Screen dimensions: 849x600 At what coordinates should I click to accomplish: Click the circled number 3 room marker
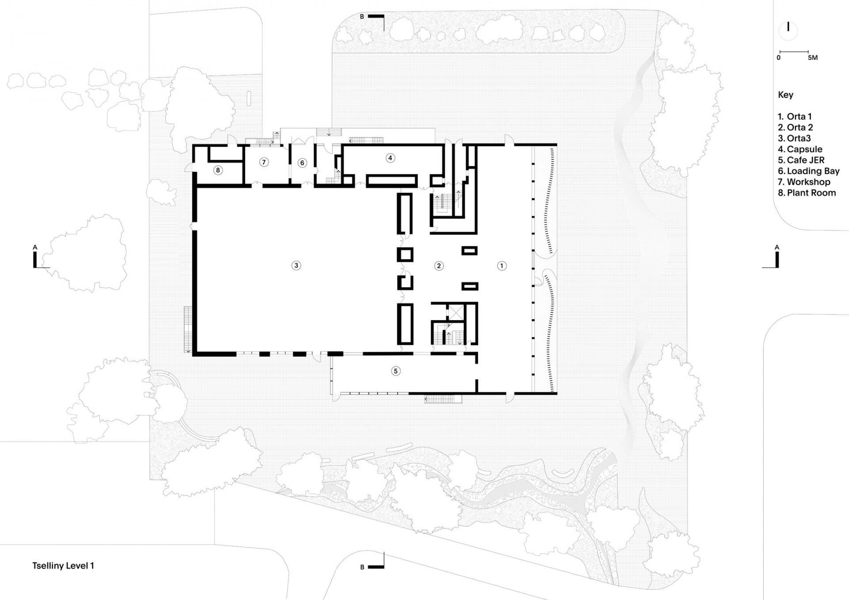pos(296,265)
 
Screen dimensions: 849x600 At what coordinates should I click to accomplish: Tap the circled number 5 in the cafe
pos(396,371)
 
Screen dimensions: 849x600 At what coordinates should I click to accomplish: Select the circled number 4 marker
pos(390,158)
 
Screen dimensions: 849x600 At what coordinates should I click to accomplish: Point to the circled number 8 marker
pos(218,170)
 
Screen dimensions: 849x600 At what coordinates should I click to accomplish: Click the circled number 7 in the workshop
pos(264,162)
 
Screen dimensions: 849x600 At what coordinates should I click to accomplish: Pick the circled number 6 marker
pos(302,163)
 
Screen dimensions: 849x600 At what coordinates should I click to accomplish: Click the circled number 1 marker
pos(501,266)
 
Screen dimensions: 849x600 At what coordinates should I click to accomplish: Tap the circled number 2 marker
pos(439,266)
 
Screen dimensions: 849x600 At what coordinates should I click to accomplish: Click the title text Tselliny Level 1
pos(63,566)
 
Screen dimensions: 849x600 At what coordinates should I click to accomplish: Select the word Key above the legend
pos(785,95)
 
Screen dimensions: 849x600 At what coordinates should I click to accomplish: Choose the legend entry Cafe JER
pos(801,160)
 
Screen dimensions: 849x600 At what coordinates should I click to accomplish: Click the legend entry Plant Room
pos(807,193)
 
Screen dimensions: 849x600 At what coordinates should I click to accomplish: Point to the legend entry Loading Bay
pos(809,171)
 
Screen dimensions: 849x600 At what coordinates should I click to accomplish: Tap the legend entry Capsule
pos(800,149)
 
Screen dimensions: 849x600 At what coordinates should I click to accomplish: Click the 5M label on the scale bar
pos(812,58)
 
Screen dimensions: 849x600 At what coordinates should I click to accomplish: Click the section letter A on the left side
pos(35,248)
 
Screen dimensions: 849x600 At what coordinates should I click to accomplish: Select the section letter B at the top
pos(362,17)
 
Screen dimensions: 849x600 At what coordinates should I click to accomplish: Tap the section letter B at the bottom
pos(362,567)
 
